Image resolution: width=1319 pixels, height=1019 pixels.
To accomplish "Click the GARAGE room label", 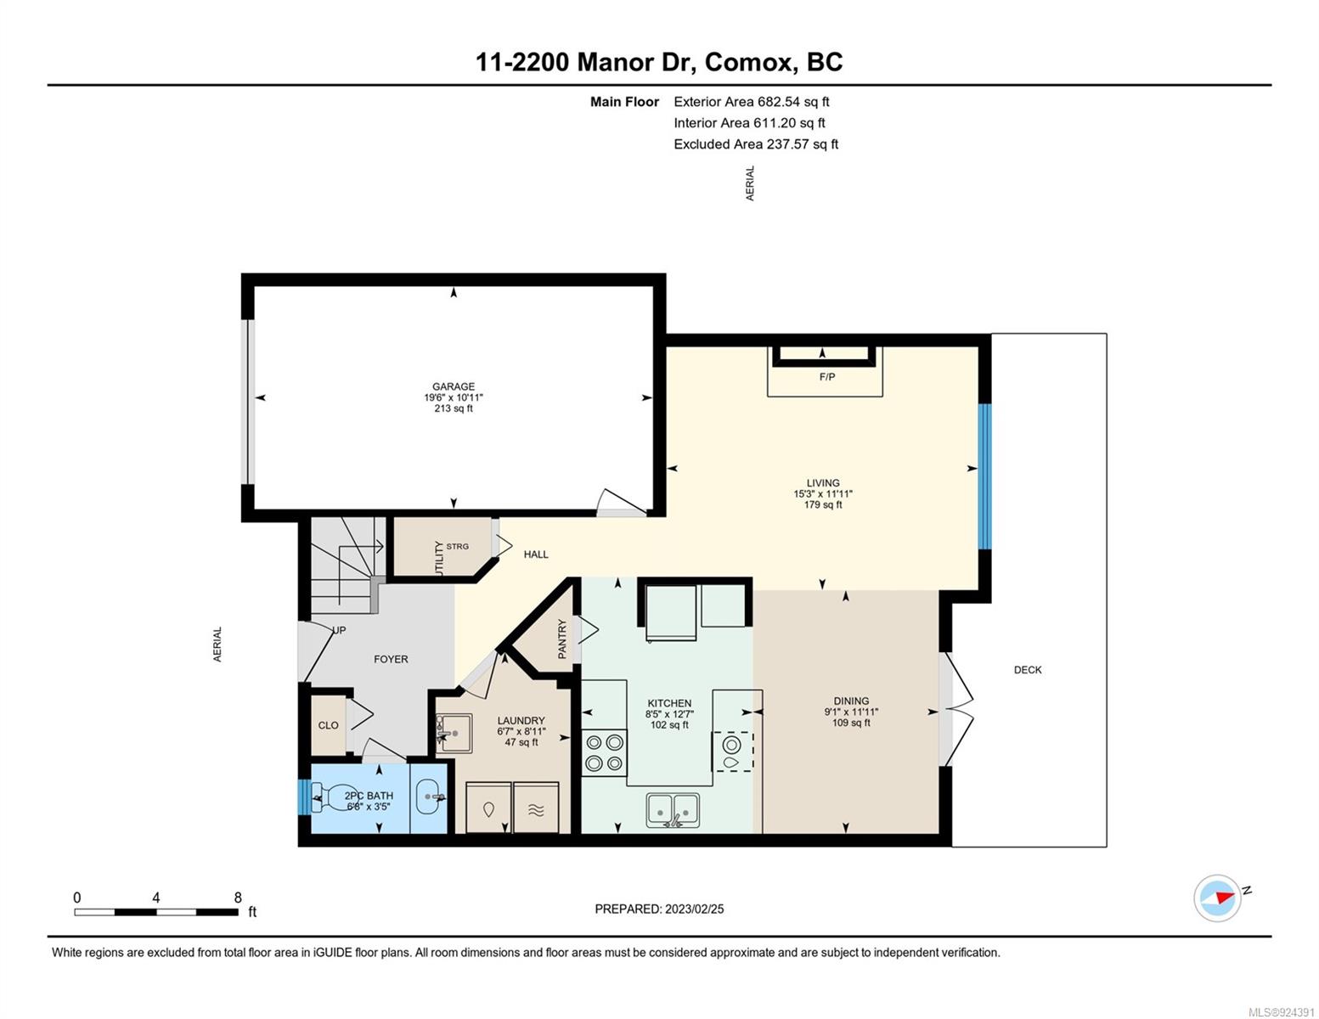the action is pos(453,386).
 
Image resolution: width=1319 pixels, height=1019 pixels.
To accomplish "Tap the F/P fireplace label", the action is pos(826,377).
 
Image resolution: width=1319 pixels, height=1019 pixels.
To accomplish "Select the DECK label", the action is pos(1028,670).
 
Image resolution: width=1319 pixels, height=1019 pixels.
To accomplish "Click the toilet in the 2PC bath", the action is pos(327,797).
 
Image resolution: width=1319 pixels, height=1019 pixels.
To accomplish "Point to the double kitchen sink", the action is pos(673,809).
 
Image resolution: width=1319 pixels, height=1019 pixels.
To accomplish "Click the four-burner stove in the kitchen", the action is pos(604,752).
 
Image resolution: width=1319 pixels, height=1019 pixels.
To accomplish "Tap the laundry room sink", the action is pos(454,733).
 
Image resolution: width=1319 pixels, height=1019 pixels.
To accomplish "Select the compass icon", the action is pos(1217,898).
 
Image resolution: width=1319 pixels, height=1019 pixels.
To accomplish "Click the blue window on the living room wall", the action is pos(984,476).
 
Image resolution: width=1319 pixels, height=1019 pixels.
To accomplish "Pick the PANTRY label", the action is pos(562,639).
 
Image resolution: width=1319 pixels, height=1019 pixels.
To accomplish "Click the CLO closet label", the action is pos(329,725).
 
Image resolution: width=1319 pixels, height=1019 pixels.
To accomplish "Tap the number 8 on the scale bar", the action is pos(238,897).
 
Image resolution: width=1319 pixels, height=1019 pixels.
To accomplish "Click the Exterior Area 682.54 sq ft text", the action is pos(752,102).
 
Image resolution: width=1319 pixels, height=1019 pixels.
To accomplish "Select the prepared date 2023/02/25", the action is pos(695,909).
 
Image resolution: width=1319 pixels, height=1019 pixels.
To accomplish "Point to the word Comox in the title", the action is pos(752,63).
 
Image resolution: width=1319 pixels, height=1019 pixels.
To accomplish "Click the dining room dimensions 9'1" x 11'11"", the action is pos(851,712).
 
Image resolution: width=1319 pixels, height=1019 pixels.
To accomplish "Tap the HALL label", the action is pos(536,555).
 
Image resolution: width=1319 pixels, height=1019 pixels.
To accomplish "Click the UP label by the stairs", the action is pos(340,630).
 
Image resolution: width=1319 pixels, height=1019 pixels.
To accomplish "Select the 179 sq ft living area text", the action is pos(823,504).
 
